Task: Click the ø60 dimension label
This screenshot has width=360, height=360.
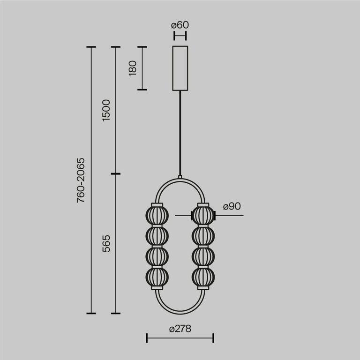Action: tap(180, 25)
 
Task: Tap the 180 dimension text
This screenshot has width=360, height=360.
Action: tap(133, 68)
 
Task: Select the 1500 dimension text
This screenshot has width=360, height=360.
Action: tap(106, 110)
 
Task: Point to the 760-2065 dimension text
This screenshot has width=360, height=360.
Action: tap(81, 180)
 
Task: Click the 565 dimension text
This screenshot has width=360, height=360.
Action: tap(106, 244)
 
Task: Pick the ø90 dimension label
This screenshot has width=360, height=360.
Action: tap(232, 206)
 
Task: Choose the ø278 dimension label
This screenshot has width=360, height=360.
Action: tap(180, 329)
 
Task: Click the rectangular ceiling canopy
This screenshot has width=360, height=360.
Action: tap(180, 68)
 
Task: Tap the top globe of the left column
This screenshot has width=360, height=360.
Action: tap(157, 216)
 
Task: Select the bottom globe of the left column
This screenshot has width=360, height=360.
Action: tap(157, 277)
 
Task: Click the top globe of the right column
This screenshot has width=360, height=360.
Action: tap(203, 216)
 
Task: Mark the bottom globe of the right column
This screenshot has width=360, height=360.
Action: tap(203, 277)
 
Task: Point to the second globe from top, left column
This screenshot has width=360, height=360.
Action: tap(157, 236)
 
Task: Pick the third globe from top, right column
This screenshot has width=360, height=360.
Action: tap(203, 257)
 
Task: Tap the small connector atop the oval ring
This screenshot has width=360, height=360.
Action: tap(180, 177)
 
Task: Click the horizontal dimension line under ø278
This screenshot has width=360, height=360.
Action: tap(180, 337)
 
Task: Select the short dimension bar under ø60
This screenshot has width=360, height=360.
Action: tap(180, 35)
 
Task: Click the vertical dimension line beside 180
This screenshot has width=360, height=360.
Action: tap(142, 68)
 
